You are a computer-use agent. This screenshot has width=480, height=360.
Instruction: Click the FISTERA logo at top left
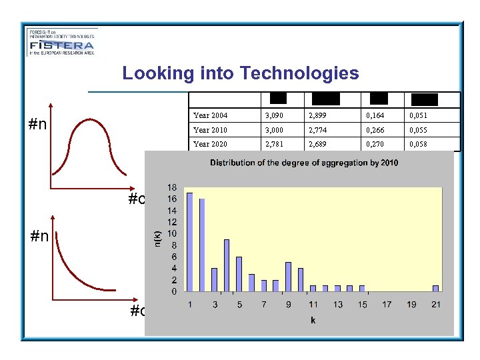[x=62, y=42]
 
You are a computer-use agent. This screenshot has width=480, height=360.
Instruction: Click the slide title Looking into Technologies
[x=240, y=73]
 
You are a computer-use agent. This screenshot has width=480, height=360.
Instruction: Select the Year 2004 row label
[x=210, y=116]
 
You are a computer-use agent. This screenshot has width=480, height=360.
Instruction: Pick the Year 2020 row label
[x=210, y=144]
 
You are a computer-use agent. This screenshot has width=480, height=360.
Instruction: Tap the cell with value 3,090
[x=278, y=116]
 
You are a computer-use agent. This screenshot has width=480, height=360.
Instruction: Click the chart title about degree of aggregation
[x=304, y=163]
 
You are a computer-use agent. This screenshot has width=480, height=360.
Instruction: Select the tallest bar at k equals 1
[x=190, y=242]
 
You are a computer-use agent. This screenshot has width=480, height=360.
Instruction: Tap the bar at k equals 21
[x=435, y=288]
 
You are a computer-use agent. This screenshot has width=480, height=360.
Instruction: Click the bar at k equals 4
[x=227, y=265]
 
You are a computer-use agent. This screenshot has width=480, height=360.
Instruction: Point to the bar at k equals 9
[x=288, y=277]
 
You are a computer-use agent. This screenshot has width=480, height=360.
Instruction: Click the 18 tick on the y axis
[x=171, y=188]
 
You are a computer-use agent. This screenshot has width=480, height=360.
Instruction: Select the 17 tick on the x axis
[x=386, y=305]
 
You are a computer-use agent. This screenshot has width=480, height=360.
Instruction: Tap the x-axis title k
[x=313, y=320]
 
